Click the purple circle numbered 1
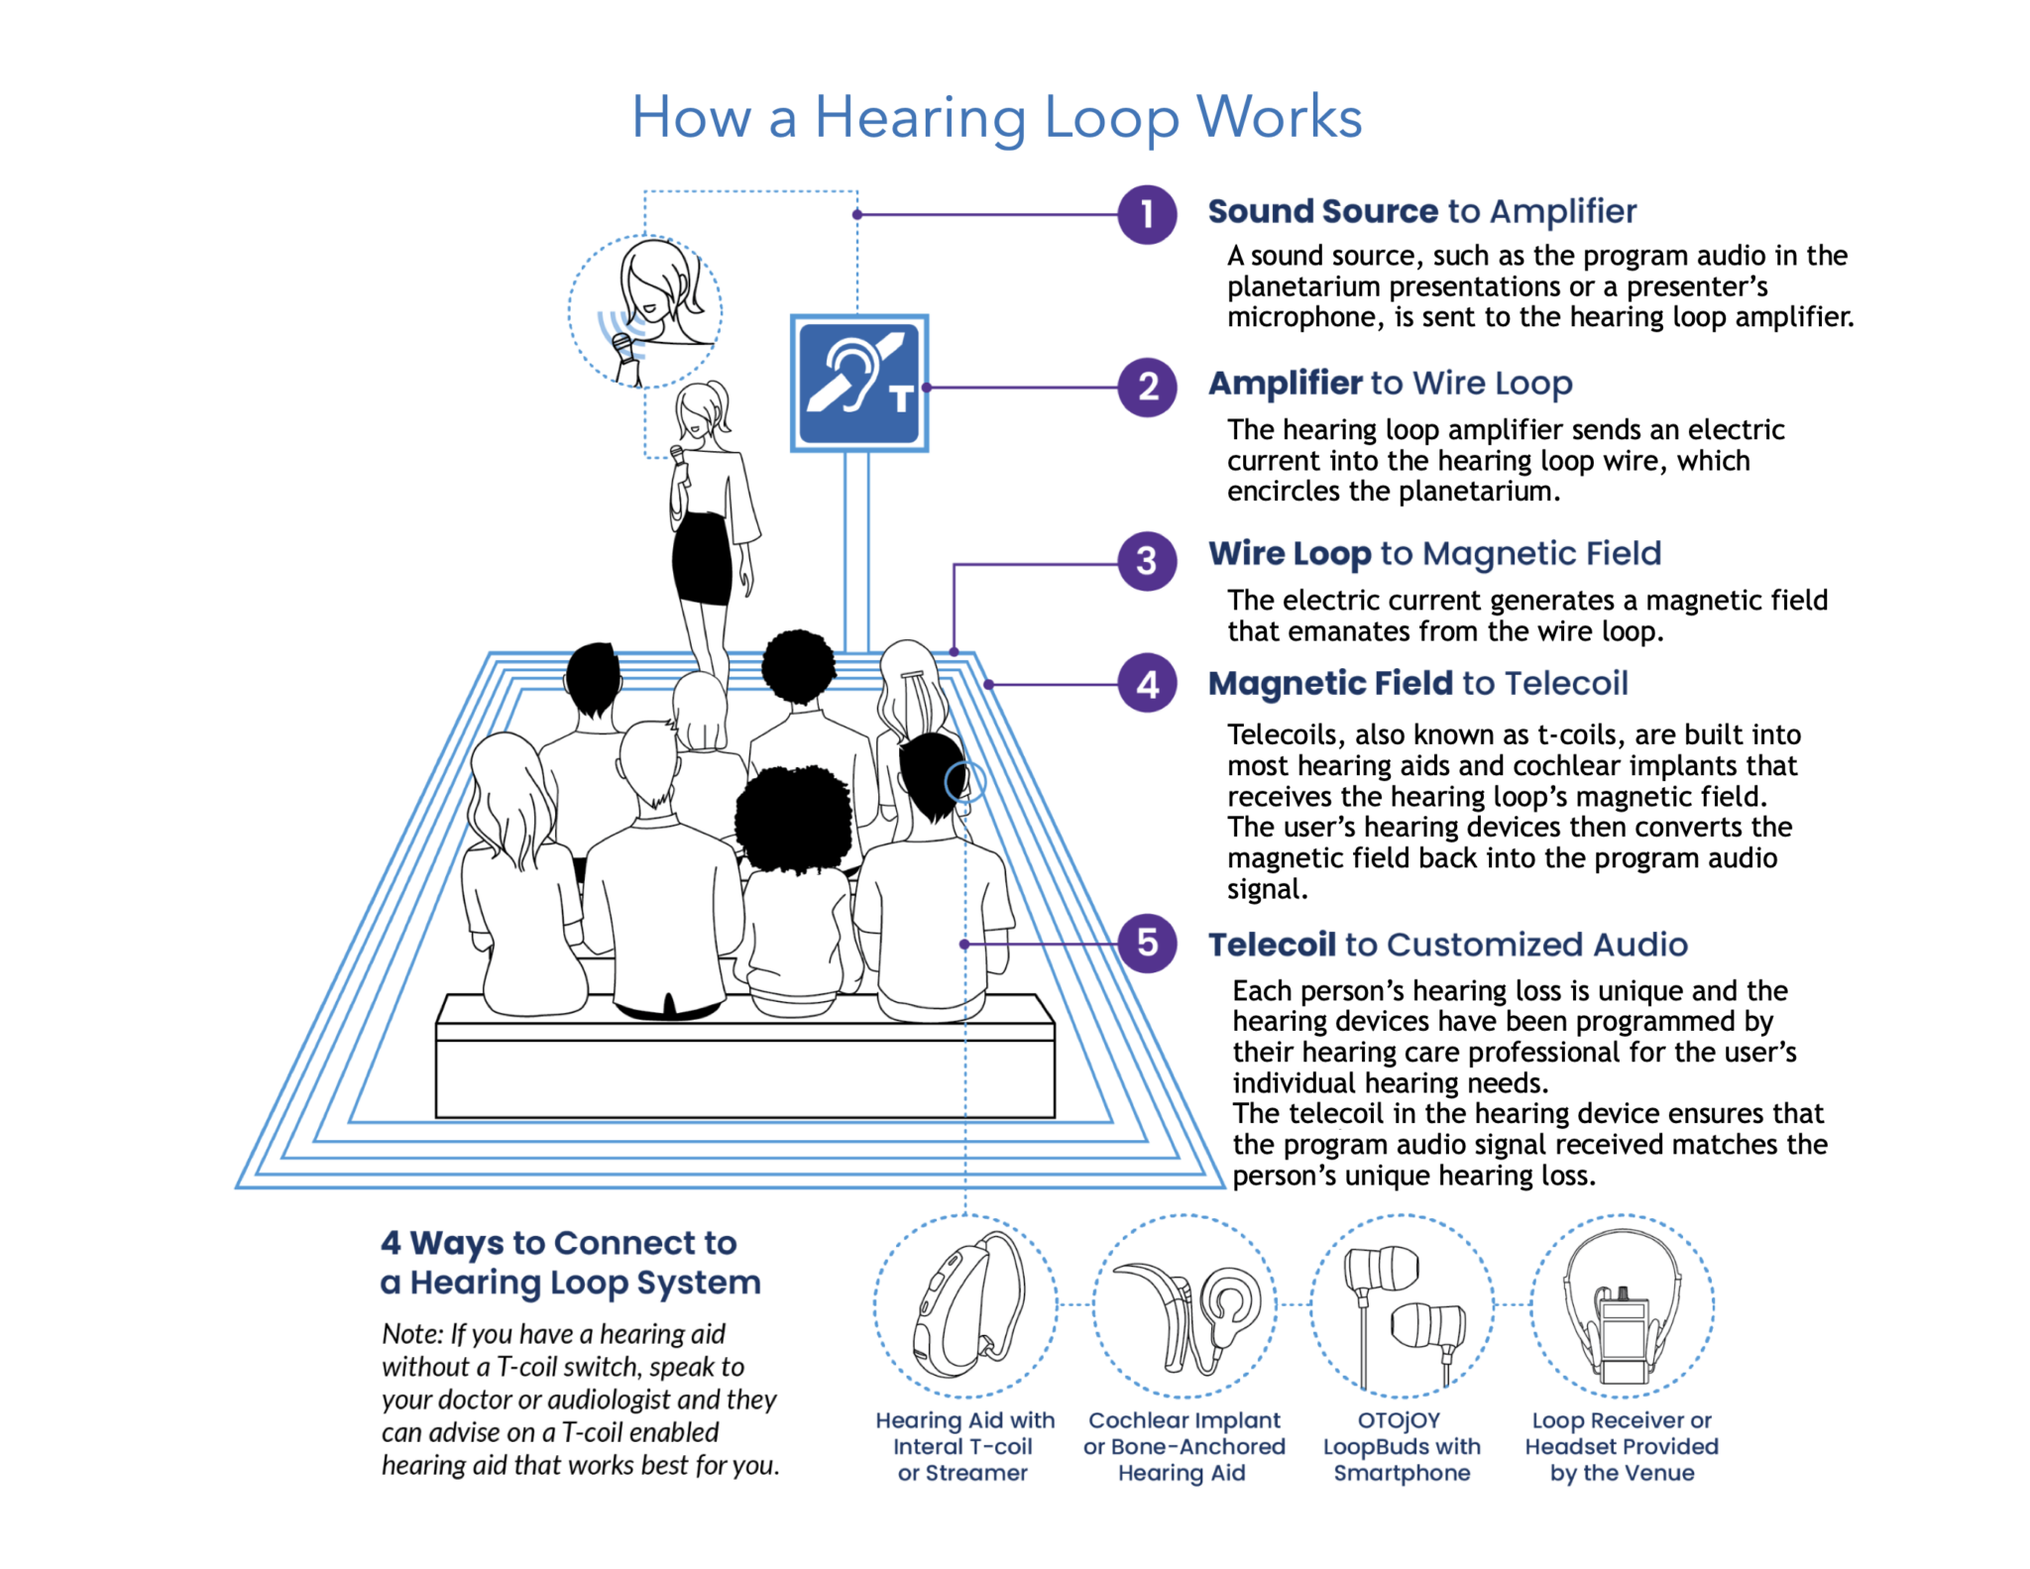(1147, 214)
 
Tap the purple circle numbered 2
(1147, 387)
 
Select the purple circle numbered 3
(1147, 561)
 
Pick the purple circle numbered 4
(1147, 684)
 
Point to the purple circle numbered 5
(1147, 943)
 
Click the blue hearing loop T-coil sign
(859, 384)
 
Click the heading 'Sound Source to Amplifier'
(1421, 211)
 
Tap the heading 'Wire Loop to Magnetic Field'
(1434, 553)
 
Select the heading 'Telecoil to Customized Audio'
(1447, 945)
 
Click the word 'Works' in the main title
(1279, 117)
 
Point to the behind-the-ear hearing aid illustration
(965, 1305)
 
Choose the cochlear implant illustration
(1184, 1305)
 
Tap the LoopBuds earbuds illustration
(1403, 1305)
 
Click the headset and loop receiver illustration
(1622, 1305)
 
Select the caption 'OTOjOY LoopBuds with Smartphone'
(1402, 1446)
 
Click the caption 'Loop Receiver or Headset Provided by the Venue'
(1622, 1446)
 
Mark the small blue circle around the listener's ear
(964, 782)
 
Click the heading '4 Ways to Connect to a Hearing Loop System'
(570, 1262)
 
